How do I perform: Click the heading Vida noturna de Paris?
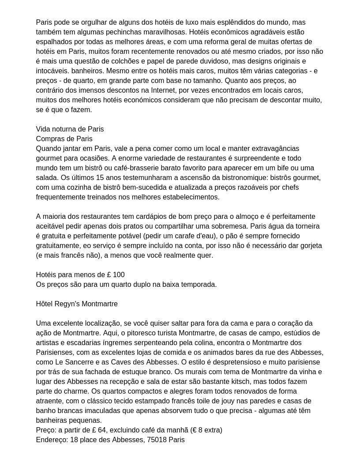[x=70, y=129]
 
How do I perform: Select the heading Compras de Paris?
[x=64, y=139]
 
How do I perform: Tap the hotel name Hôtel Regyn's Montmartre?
[x=77, y=304]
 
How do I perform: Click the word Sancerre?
[x=78, y=362]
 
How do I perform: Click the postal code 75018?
[x=155, y=440]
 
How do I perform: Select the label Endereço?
[x=52, y=440]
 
